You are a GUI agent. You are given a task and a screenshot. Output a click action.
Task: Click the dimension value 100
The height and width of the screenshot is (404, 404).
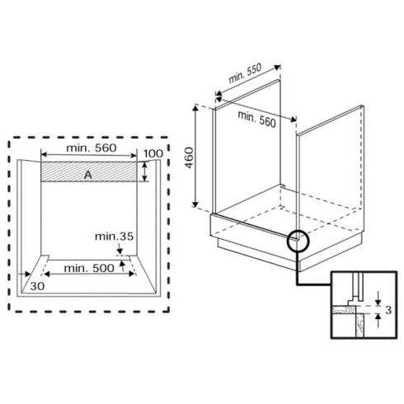coord(152,154)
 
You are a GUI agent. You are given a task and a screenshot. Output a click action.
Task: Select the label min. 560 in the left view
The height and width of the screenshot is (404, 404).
coord(90,148)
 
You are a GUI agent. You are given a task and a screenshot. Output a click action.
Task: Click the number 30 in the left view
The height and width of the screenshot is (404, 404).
coord(36,285)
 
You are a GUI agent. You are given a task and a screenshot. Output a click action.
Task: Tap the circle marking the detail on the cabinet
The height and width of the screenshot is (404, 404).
coord(297,241)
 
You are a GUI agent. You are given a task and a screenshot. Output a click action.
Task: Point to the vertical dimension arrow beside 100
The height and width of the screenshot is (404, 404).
coord(145,171)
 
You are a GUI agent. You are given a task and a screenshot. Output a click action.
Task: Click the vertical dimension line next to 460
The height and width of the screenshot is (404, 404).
coord(195,157)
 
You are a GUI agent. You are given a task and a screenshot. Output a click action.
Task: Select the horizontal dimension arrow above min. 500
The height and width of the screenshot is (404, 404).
coord(83,258)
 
